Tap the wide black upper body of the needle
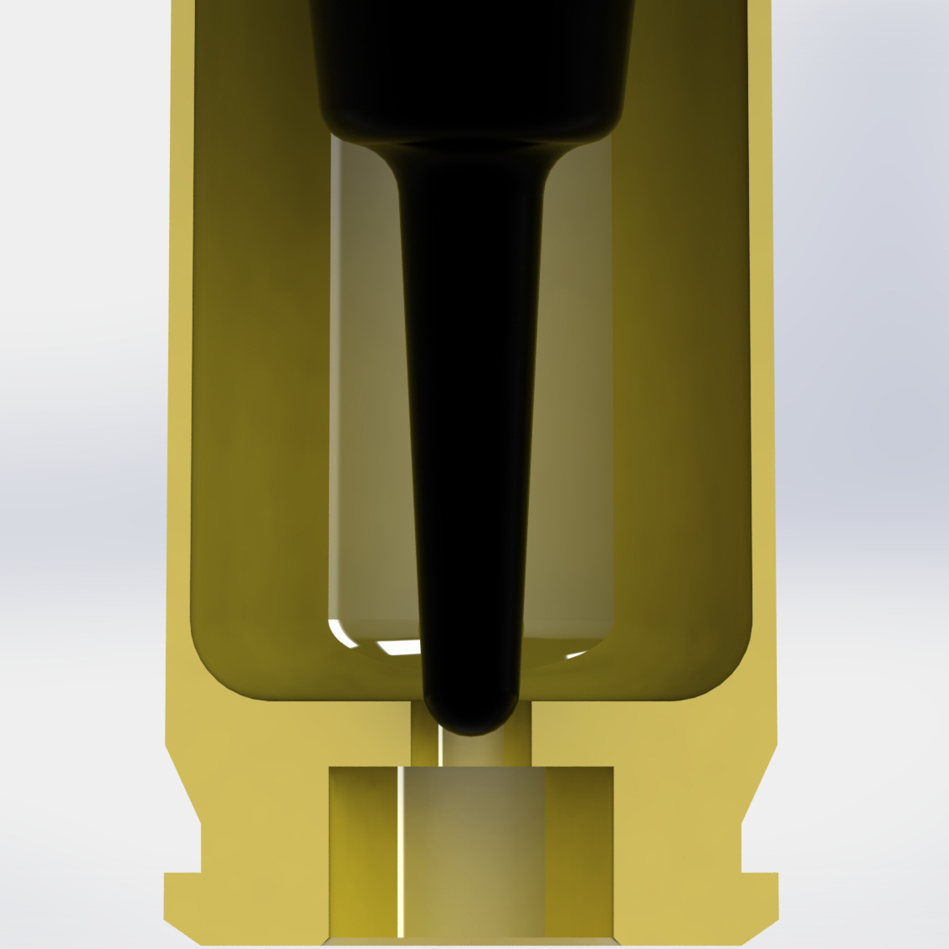(470, 59)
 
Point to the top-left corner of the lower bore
(331, 769)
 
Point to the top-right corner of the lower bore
(612, 769)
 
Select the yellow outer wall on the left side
(180, 377)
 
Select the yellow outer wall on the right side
(761, 377)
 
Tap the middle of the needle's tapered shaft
(470, 418)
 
